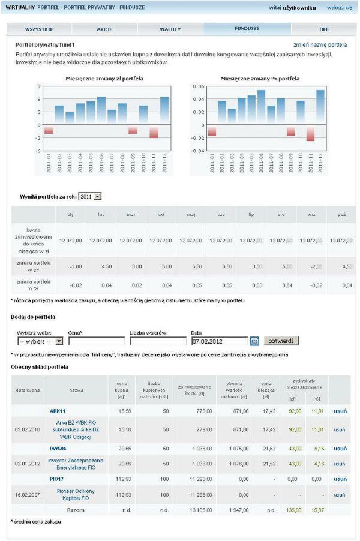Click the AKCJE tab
[104, 29]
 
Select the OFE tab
[324, 29]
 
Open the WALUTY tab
[170, 29]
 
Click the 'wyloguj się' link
[339, 8]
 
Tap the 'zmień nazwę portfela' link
[320, 45]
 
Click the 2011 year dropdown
[90, 196]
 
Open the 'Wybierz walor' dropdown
[40, 341]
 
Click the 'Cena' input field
[97, 341]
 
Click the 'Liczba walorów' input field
[158, 341]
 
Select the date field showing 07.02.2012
[219, 341]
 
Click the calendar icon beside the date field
[254, 341]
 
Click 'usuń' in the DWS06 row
[340, 449]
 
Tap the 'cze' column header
[221, 214]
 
